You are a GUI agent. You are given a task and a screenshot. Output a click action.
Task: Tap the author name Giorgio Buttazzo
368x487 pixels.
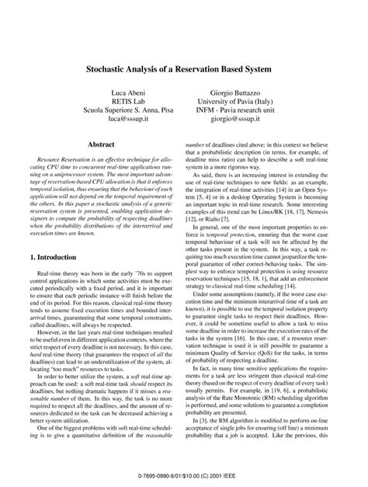(255, 93)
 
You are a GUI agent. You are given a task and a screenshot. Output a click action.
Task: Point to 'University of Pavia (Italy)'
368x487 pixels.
(255, 103)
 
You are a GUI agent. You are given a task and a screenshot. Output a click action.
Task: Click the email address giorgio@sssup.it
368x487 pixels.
(255, 122)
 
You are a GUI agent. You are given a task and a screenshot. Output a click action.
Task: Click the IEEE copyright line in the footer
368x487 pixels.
(184, 472)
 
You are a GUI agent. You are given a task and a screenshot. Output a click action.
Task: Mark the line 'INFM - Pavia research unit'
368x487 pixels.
(255, 113)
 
